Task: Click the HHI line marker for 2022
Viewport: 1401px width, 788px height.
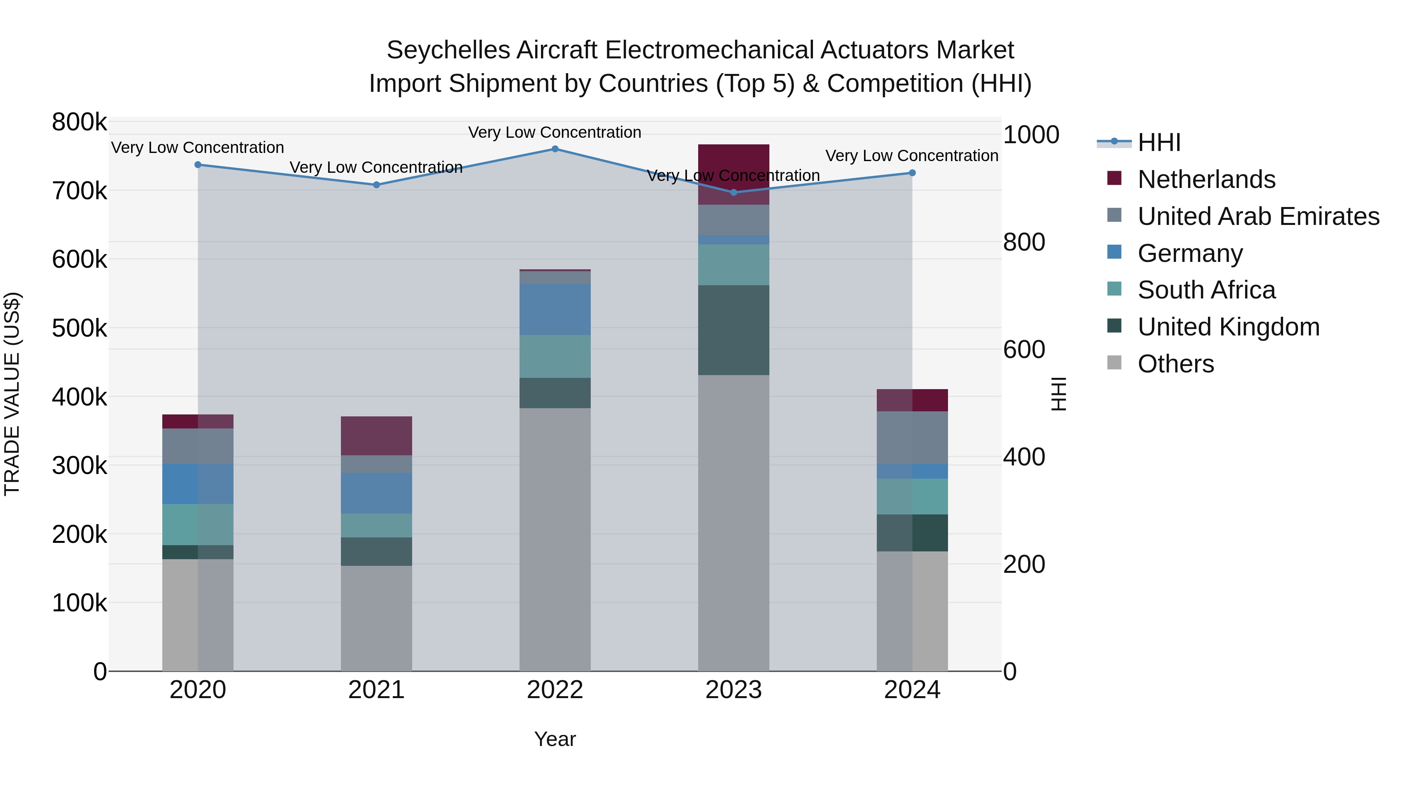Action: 555,149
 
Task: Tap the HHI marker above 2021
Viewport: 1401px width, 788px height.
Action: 376,185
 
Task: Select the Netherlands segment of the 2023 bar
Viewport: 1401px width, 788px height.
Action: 733,174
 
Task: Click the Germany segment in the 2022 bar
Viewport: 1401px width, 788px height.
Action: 555,309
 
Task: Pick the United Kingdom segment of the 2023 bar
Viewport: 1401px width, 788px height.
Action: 733,330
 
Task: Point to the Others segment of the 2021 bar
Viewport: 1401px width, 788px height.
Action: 376,618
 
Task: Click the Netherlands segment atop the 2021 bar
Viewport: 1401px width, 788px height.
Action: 376,435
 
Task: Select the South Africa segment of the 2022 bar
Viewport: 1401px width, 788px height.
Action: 555,356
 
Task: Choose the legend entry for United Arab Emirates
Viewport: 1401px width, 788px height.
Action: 1258,216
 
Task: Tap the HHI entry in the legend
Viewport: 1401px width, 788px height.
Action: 1159,142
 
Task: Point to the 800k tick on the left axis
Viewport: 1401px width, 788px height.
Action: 79,122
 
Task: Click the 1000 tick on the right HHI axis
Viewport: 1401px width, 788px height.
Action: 1031,135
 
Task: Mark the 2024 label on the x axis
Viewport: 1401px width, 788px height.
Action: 912,690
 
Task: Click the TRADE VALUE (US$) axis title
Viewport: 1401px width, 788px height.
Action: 12,394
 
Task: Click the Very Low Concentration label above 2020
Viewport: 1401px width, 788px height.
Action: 197,148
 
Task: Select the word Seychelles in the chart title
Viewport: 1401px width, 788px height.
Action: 448,51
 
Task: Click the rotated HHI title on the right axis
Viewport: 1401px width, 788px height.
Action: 1059,394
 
